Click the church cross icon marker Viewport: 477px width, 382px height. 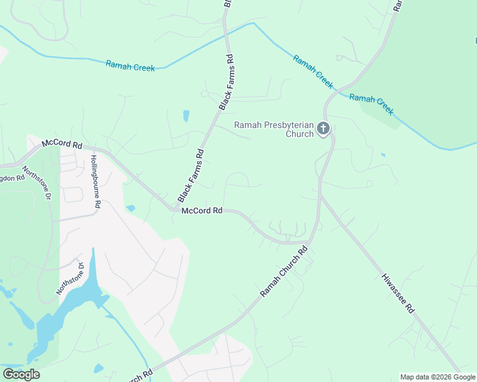point(323,129)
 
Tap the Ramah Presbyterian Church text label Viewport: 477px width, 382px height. point(274,129)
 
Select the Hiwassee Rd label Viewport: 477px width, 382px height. point(398,293)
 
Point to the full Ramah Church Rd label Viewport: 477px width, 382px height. point(284,271)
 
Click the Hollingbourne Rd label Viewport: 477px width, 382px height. point(96,182)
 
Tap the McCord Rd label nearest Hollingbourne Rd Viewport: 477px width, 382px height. point(62,145)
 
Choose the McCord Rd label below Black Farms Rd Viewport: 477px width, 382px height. point(202,211)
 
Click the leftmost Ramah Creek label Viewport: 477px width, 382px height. point(130,66)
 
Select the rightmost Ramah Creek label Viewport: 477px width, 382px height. point(372,104)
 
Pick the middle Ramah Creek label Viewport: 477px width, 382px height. point(313,71)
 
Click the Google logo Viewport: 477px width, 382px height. point(21,374)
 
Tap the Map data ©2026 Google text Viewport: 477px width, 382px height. point(437,377)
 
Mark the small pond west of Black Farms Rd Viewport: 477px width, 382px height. point(186,116)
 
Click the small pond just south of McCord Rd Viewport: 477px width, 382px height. point(131,208)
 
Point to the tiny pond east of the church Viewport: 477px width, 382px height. point(383,155)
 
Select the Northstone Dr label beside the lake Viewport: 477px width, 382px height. point(70,279)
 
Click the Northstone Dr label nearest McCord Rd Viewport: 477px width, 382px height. point(36,182)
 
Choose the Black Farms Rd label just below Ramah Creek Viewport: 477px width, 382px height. point(227,83)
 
